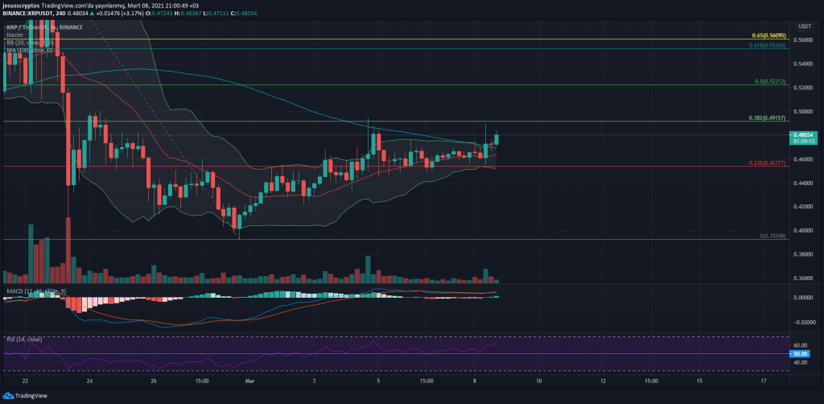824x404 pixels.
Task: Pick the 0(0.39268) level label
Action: tap(772, 236)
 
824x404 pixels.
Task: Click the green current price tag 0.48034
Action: tap(803, 134)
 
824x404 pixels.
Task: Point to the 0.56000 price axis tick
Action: tap(802, 39)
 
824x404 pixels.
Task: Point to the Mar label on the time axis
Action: tap(249, 380)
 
